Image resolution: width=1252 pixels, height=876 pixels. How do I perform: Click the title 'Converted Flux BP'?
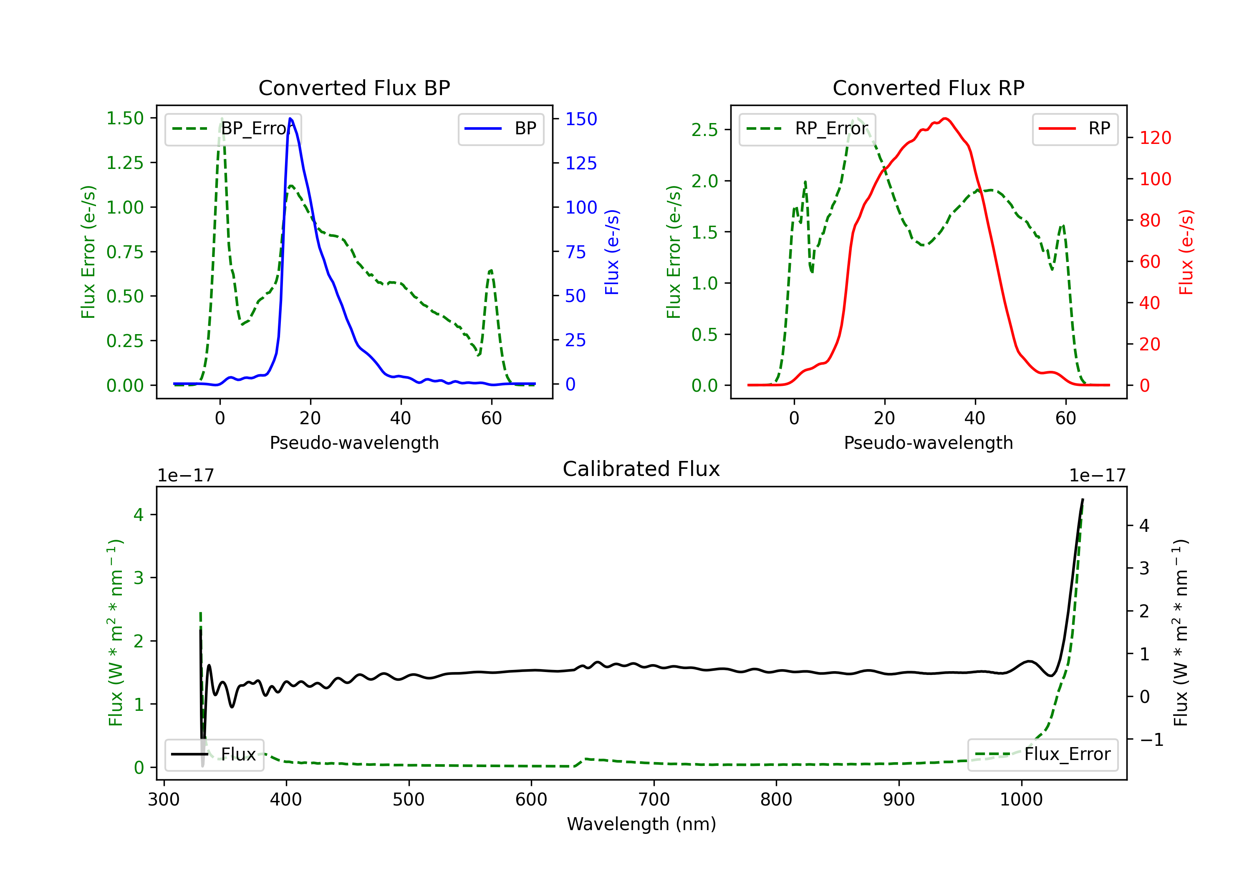[x=354, y=88]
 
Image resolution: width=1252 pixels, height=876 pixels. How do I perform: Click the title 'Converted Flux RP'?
[x=928, y=88]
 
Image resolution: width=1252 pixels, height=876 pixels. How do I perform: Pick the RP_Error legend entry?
[x=807, y=128]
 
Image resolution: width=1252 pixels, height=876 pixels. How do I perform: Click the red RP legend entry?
[x=1075, y=128]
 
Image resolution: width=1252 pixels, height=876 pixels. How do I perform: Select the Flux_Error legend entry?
[x=1042, y=755]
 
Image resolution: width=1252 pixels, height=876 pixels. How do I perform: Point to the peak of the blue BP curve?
[x=290, y=119]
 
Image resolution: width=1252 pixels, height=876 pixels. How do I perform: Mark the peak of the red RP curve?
[x=946, y=118]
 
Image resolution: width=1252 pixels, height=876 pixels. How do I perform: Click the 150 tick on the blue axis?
[x=581, y=119]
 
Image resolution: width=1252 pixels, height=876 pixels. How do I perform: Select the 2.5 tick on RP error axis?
[x=704, y=130]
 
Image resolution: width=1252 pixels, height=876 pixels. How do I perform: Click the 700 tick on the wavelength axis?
[x=654, y=800]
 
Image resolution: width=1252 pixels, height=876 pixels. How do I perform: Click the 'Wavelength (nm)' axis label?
[x=641, y=824]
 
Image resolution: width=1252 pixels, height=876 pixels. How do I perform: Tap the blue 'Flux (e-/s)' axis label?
[x=612, y=252]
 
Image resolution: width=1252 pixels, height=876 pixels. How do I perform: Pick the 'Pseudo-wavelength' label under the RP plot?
[x=928, y=443]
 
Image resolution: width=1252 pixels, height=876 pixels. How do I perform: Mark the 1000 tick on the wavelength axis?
[x=1021, y=800]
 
